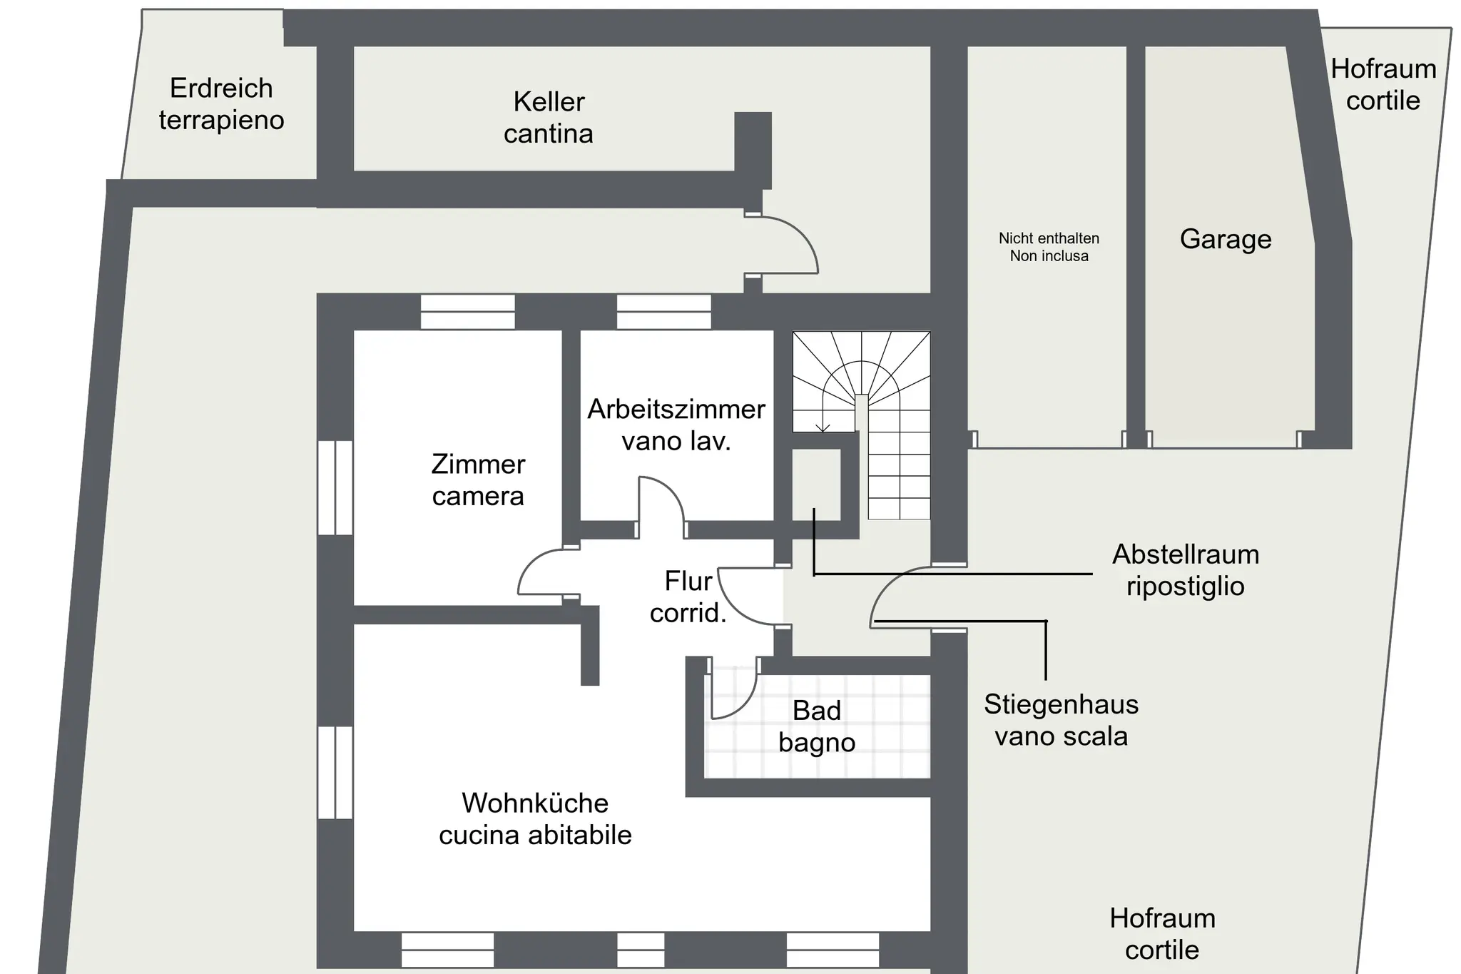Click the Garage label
(1226, 239)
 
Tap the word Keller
(549, 102)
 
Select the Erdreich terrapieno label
(221, 104)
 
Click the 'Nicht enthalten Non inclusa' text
(1049, 247)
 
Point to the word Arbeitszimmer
(676, 410)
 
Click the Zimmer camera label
(478, 480)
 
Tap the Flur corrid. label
(688, 597)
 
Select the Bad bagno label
(817, 726)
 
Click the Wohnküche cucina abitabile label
(535, 818)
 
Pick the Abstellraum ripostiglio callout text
(1186, 569)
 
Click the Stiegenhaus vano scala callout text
(1061, 720)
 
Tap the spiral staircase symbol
(861, 425)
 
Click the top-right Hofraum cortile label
(1383, 84)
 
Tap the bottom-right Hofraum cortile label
(1162, 933)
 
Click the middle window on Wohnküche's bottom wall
(641, 950)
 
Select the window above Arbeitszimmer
(663, 312)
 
